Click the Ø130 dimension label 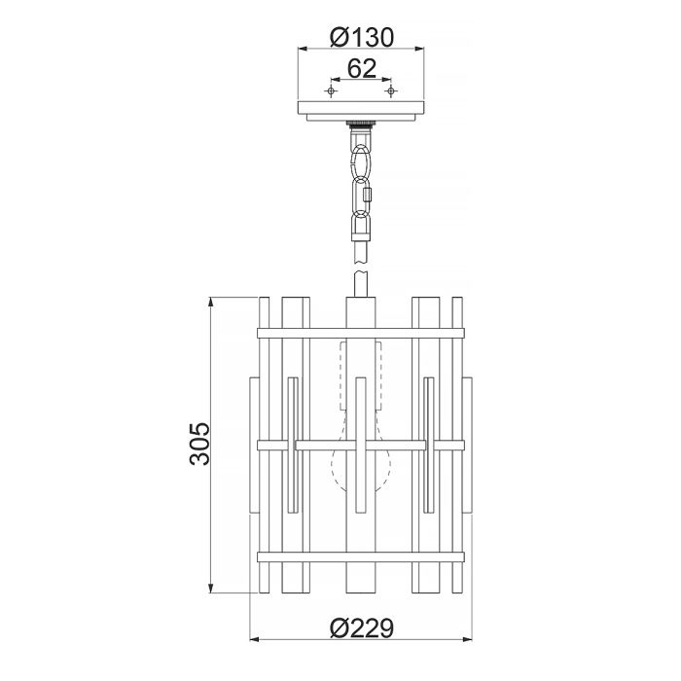(361, 37)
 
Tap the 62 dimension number (362, 68)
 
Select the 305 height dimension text (199, 444)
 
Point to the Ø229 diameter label (361, 627)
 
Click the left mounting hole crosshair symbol (332, 90)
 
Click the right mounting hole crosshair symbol (391, 90)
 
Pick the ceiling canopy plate (361, 111)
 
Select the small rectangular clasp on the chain (369, 195)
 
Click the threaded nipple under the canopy (361, 124)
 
